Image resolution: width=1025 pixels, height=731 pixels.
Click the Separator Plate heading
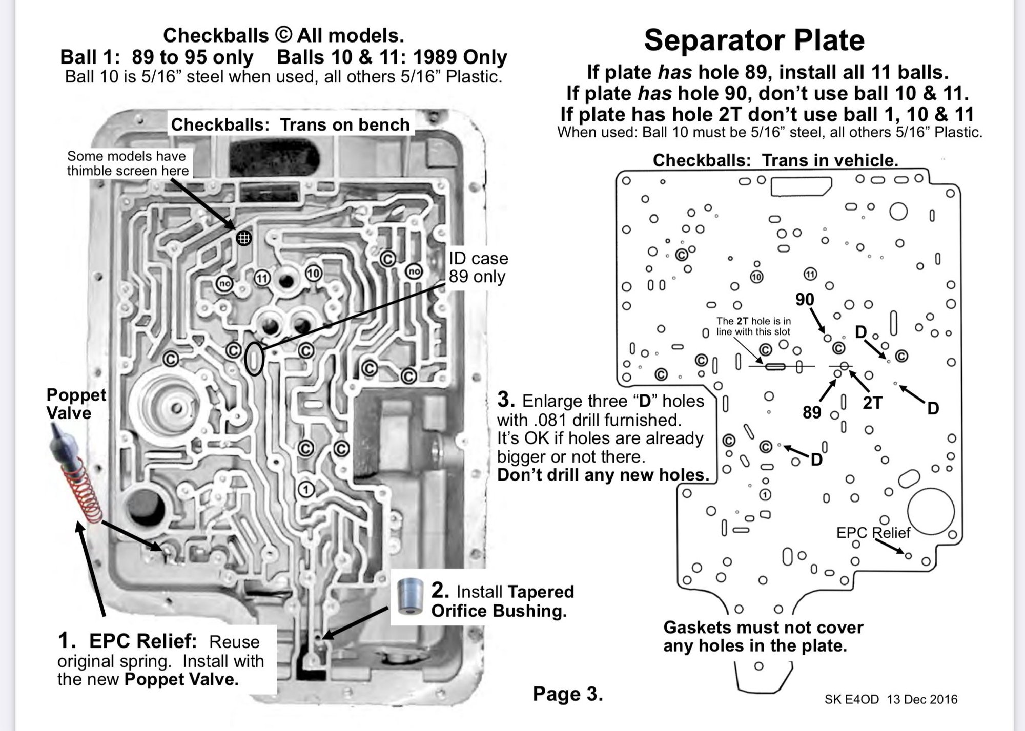point(754,40)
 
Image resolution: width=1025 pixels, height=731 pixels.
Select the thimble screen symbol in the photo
point(243,238)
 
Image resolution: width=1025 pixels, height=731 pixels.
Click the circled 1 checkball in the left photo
point(306,490)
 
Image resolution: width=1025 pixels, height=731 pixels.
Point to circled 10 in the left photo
point(313,273)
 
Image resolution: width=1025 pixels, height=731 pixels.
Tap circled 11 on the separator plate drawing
point(810,274)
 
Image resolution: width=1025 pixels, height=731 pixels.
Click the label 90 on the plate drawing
point(805,300)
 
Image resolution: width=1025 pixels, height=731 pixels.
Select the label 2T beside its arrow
point(872,403)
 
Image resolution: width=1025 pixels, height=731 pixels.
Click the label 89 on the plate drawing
point(812,412)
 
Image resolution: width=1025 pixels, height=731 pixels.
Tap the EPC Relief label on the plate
point(873,533)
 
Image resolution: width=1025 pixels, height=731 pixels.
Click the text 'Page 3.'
point(568,694)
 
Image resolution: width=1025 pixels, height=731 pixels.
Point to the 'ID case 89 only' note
point(478,267)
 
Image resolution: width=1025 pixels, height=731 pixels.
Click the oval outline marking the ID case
point(254,359)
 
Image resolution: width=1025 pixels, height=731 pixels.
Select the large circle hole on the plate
point(931,512)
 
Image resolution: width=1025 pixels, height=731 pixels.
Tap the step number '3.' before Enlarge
point(506,400)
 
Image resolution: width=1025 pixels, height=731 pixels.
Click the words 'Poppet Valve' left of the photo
point(76,404)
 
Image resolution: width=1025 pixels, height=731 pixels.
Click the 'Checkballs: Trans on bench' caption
point(290,124)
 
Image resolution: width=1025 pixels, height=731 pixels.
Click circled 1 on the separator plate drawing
point(765,495)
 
